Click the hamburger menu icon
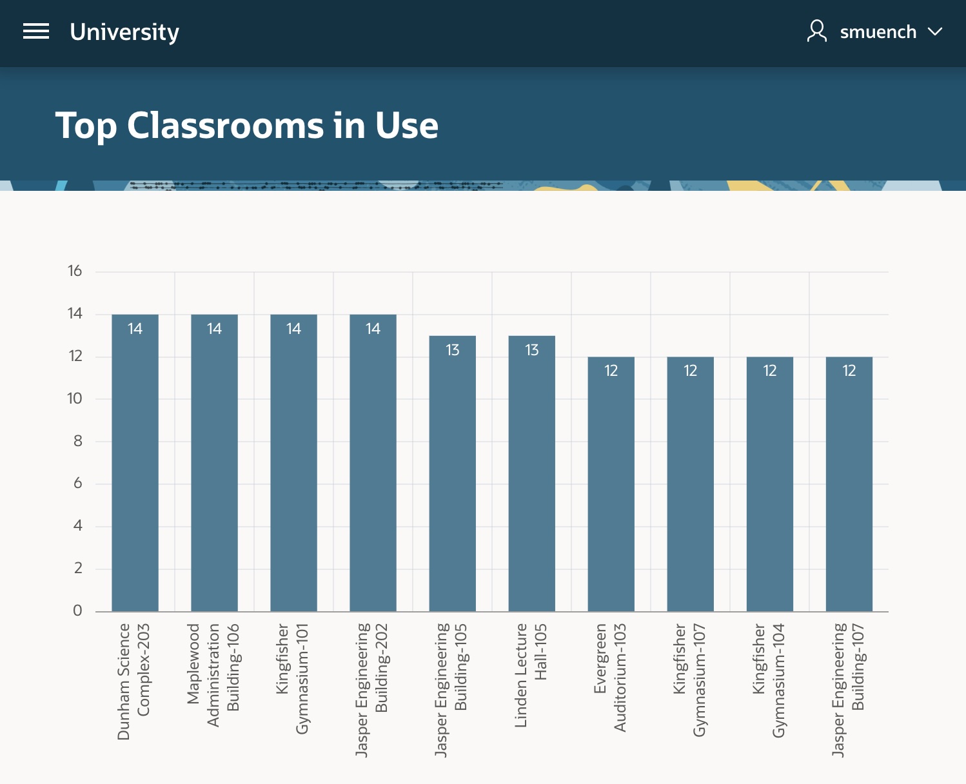click(36, 31)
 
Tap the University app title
click(124, 32)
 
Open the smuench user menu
click(878, 32)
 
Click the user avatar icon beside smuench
click(817, 31)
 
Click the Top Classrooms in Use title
click(247, 125)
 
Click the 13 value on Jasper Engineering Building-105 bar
click(453, 350)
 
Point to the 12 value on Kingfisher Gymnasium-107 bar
click(691, 371)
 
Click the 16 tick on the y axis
click(75, 271)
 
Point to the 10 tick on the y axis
click(75, 398)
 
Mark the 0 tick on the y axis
click(77, 611)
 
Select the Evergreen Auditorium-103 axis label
click(610, 676)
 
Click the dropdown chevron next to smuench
click(935, 32)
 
